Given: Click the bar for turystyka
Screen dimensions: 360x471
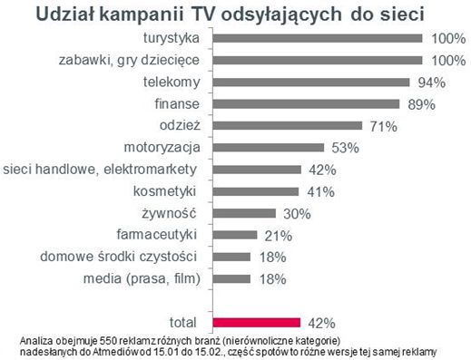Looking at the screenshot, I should coord(318,39).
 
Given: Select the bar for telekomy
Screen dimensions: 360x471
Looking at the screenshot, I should coord(311,82).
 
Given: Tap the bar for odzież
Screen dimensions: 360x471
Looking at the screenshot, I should coord(288,125).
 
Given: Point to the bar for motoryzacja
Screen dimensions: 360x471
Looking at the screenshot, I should coord(269,147).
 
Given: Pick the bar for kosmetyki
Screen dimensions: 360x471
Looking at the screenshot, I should coord(256,190).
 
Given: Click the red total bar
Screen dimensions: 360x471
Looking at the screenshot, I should coord(257,321).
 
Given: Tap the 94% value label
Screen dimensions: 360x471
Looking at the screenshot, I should coord(430,83).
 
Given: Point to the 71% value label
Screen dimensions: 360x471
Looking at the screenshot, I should coord(382,126).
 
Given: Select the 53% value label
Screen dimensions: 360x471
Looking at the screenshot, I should coord(345,148).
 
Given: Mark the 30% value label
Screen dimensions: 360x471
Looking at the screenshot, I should coord(295,213).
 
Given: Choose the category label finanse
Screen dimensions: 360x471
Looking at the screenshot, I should coord(178,103).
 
